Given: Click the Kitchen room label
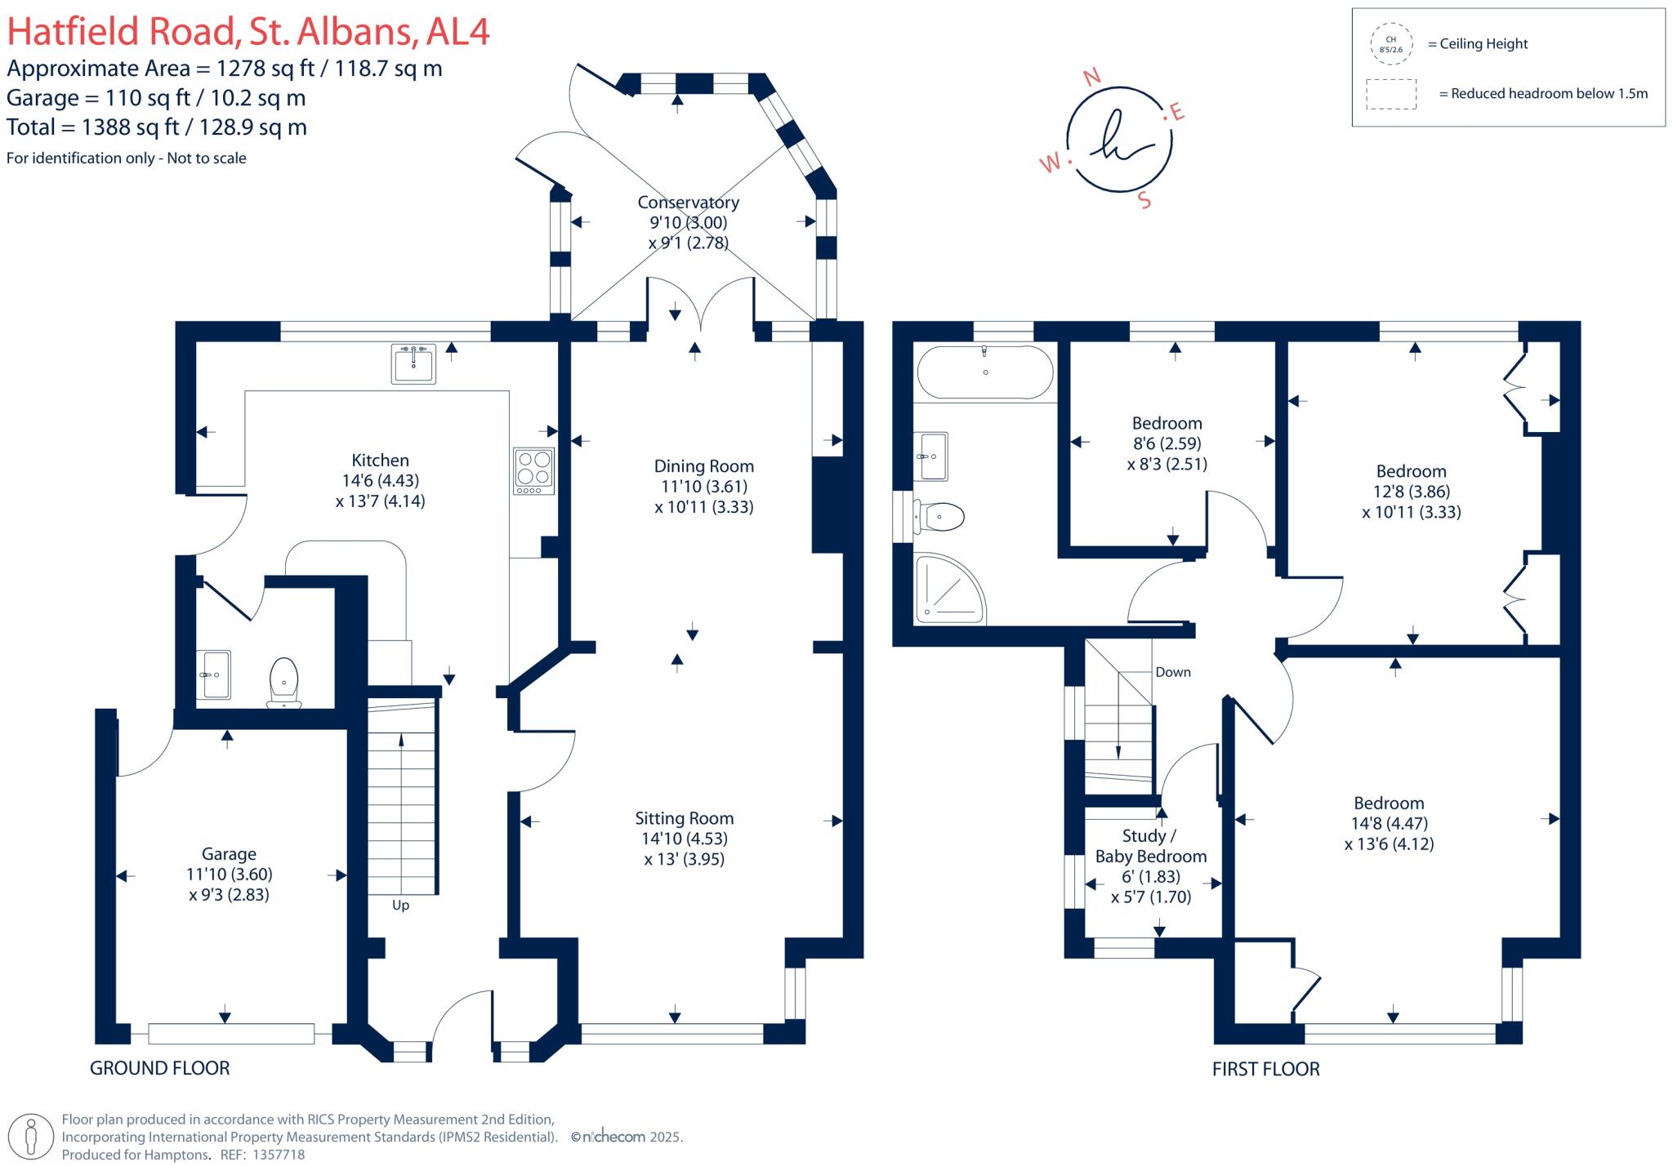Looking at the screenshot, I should click(380, 461).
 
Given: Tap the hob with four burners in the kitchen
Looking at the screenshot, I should click(533, 471).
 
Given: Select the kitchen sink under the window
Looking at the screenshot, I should click(413, 364).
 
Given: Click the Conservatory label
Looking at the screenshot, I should click(688, 202).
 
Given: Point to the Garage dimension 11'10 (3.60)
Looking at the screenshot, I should click(229, 874).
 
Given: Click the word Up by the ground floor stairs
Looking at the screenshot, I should click(400, 906).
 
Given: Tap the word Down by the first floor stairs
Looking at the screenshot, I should click(1172, 673).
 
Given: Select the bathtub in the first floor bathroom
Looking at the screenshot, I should click(985, 373).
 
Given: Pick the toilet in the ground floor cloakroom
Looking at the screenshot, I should click(283, 683).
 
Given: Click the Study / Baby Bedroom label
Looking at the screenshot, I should click(1150, 847).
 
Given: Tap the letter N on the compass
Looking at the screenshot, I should click(1091, 78).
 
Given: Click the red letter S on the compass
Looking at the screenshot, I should click(1144, 201).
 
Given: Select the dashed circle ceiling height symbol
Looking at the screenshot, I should click(1390, 44).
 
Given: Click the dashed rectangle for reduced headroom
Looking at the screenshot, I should click(1391, 94).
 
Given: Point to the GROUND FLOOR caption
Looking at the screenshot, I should click(160, 1068).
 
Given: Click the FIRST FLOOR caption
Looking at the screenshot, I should click(1265, 1069).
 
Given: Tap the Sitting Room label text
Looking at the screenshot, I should click(684, 819).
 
